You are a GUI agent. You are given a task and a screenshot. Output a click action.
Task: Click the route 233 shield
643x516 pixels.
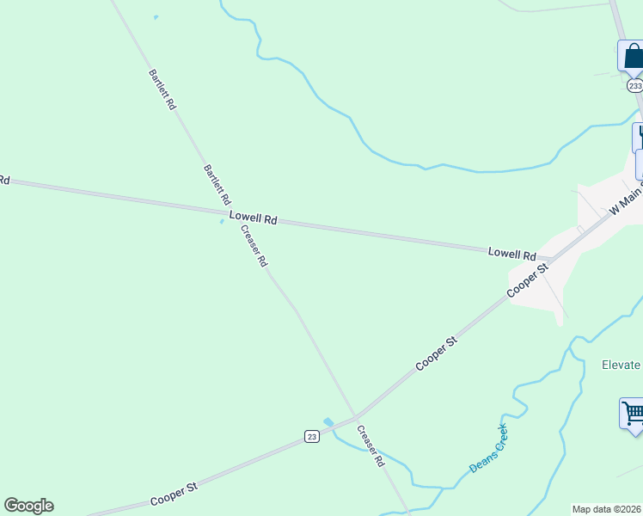(634, 86)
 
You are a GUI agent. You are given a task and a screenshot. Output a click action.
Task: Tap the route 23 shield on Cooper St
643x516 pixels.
(312, 437)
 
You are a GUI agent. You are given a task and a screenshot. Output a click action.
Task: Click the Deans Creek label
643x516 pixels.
(488, 448)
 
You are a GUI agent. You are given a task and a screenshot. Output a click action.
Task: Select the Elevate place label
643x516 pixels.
(620, 365)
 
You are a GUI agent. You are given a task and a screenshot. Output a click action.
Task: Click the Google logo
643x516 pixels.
(28, 506)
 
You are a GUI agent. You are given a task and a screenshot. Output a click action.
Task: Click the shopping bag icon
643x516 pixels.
(632, 56)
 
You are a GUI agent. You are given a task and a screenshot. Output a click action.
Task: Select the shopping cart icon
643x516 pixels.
(633, 413)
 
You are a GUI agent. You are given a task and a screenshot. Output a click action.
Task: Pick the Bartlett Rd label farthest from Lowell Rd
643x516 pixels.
(162, 89)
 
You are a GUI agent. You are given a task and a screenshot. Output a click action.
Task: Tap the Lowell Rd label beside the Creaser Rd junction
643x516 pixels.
(253, 219)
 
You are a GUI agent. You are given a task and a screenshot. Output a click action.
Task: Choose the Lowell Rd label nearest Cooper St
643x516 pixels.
(511, 254)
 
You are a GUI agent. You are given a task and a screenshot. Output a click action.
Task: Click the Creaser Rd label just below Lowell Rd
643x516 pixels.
(254, 245)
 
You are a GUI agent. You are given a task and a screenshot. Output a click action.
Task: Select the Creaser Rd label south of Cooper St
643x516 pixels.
(370, 445)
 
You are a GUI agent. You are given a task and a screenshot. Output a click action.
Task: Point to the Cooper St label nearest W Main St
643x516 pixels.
(528, 281)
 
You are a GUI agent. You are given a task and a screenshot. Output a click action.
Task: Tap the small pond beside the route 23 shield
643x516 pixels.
(328, 421)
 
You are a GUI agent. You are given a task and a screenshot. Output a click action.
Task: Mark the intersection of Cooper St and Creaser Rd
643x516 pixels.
(357, 417)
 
